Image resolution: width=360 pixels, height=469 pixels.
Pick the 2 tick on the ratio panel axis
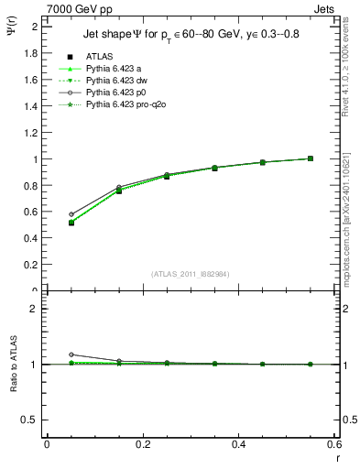(x=35, y=309)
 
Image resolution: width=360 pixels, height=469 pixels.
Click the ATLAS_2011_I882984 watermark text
(x=191, y=273)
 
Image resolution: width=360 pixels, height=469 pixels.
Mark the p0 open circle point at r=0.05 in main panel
(x=46, y=214)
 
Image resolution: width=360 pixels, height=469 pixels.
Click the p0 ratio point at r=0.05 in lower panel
(x=46, y=354)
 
